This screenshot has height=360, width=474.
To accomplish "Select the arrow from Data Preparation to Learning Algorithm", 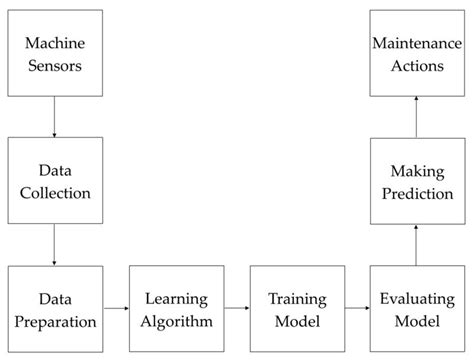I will tap(114, 310).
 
